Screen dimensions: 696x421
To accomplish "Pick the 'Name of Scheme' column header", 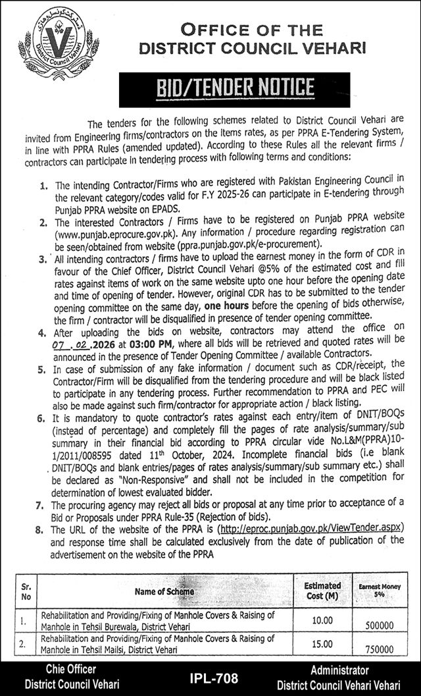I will tap(164, 591).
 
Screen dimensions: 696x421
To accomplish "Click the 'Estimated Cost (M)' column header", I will tap(322, 591).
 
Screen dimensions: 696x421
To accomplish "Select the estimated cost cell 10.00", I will tap(322, 620).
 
